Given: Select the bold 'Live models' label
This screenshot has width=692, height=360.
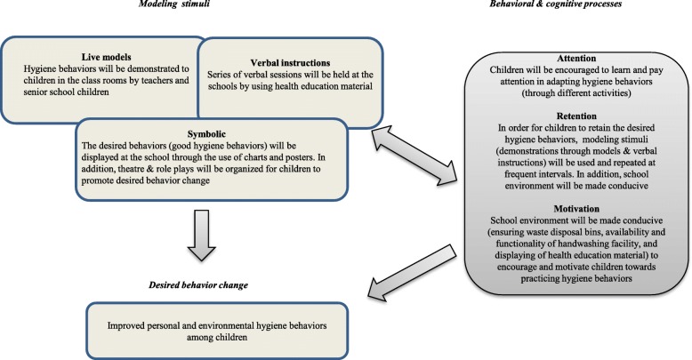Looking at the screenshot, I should pos(104,55).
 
